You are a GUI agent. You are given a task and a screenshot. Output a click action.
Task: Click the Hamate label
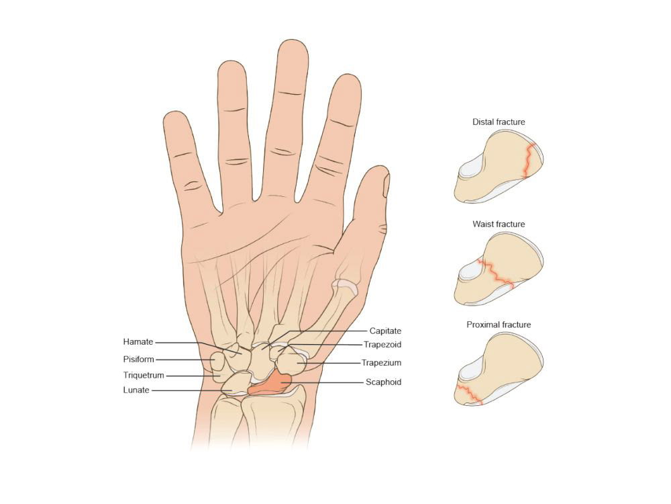click(139, 341)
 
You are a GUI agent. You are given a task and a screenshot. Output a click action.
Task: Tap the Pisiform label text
click(139, 359)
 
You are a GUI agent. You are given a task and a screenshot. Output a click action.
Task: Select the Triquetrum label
click(144, 375)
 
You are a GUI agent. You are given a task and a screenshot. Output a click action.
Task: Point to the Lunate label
click(136, 390)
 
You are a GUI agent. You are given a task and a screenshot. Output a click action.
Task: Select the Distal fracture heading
click(498, 122)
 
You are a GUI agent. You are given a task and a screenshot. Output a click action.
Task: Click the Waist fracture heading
click(498, 224)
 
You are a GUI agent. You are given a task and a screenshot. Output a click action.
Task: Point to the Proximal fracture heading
click(499, 325)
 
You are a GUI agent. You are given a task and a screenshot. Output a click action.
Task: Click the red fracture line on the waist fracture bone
click(497, 272)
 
